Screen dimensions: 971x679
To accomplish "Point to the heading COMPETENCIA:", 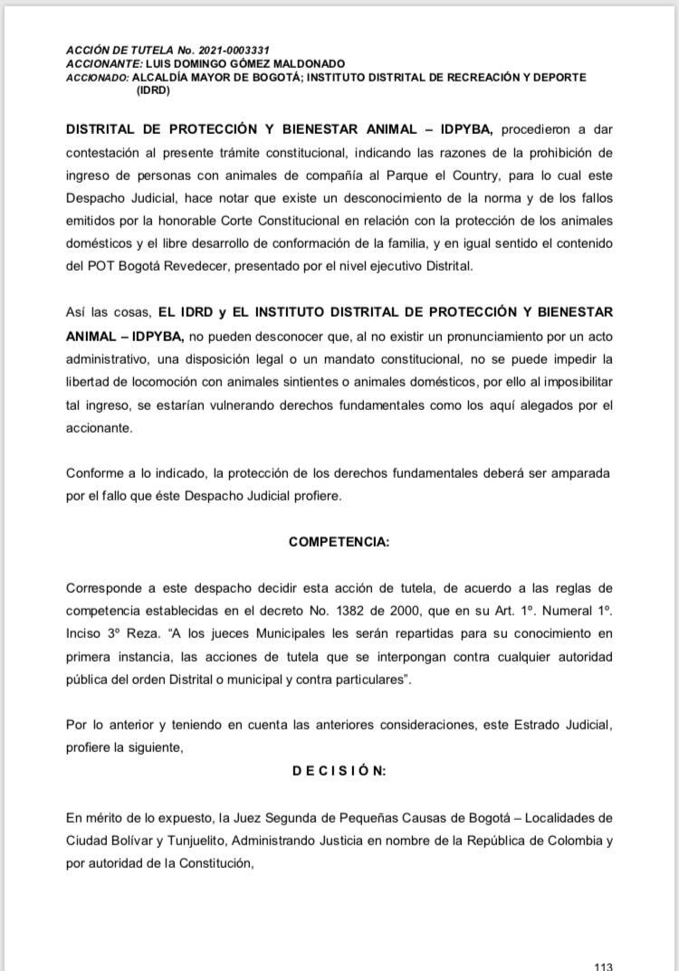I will [x=339, y=541].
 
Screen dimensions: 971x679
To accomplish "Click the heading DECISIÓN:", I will [x=339, y=770].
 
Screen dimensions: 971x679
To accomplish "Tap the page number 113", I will [x=603, y=966].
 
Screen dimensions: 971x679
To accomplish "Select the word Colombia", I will [x=570, y=841].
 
